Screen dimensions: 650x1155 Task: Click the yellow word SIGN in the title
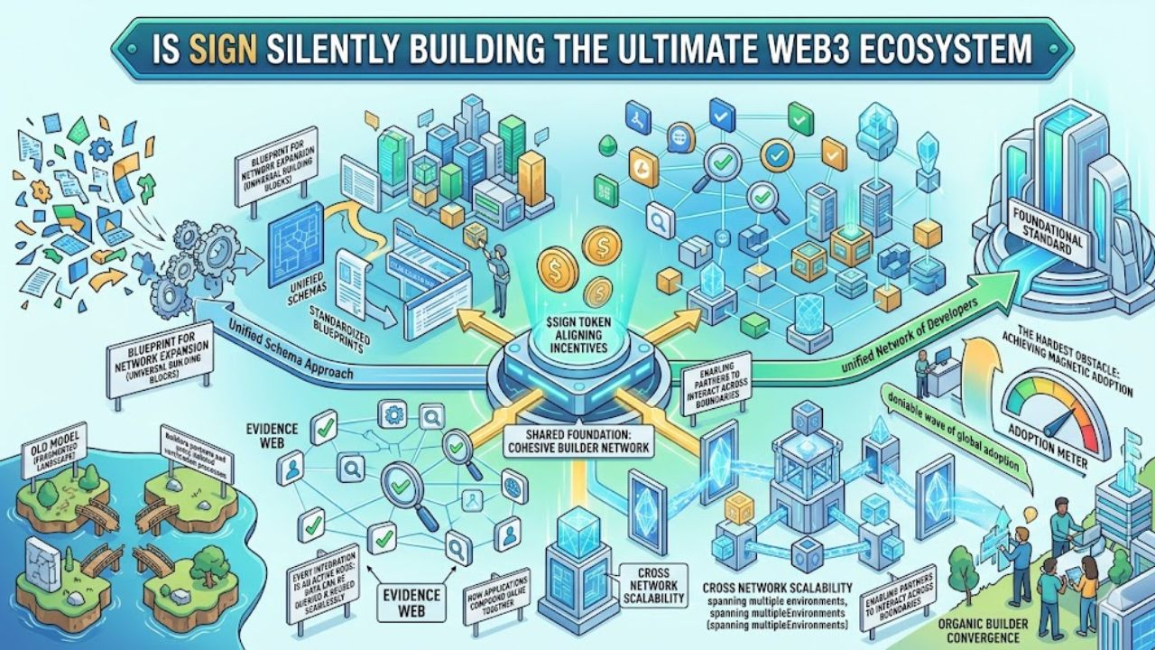[x=216, y=47]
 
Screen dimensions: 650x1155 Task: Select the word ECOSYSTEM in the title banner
[x=942, y=47]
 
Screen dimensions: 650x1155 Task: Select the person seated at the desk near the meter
[x=921, y=370]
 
